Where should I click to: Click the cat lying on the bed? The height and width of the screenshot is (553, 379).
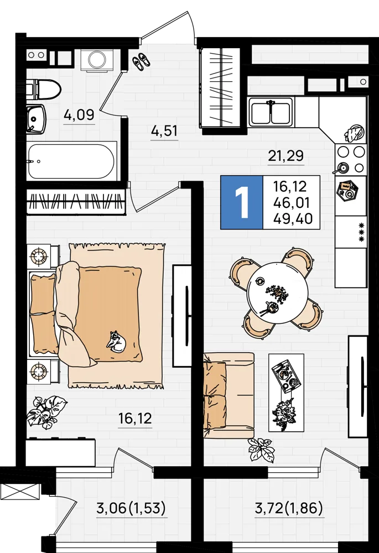(116, 341)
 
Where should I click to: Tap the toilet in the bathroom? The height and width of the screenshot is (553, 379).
(44, 90)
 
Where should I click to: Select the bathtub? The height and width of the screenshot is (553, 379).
(72, 161)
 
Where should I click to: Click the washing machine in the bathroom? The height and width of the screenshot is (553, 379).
(95, 60)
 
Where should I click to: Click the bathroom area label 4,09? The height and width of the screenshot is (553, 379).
(80, 114)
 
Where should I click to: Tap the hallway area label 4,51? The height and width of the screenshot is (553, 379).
(164, 131)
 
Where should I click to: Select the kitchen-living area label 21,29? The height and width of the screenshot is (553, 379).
(286, 155)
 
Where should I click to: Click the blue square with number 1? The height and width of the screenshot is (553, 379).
(242, 202)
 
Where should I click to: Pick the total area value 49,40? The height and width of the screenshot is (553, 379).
(293, 218)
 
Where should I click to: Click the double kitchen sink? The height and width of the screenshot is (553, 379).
(271, 112)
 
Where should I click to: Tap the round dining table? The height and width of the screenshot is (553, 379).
(277, 293)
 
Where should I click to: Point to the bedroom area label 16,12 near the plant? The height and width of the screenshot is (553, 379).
(135, 419)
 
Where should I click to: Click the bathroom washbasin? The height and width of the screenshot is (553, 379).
(37, 119)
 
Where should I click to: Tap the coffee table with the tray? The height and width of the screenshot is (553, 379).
(286, 393)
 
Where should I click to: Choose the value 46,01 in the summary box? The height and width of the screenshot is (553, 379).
(292, 203)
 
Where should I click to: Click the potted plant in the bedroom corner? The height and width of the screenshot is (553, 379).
(46, 411)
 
